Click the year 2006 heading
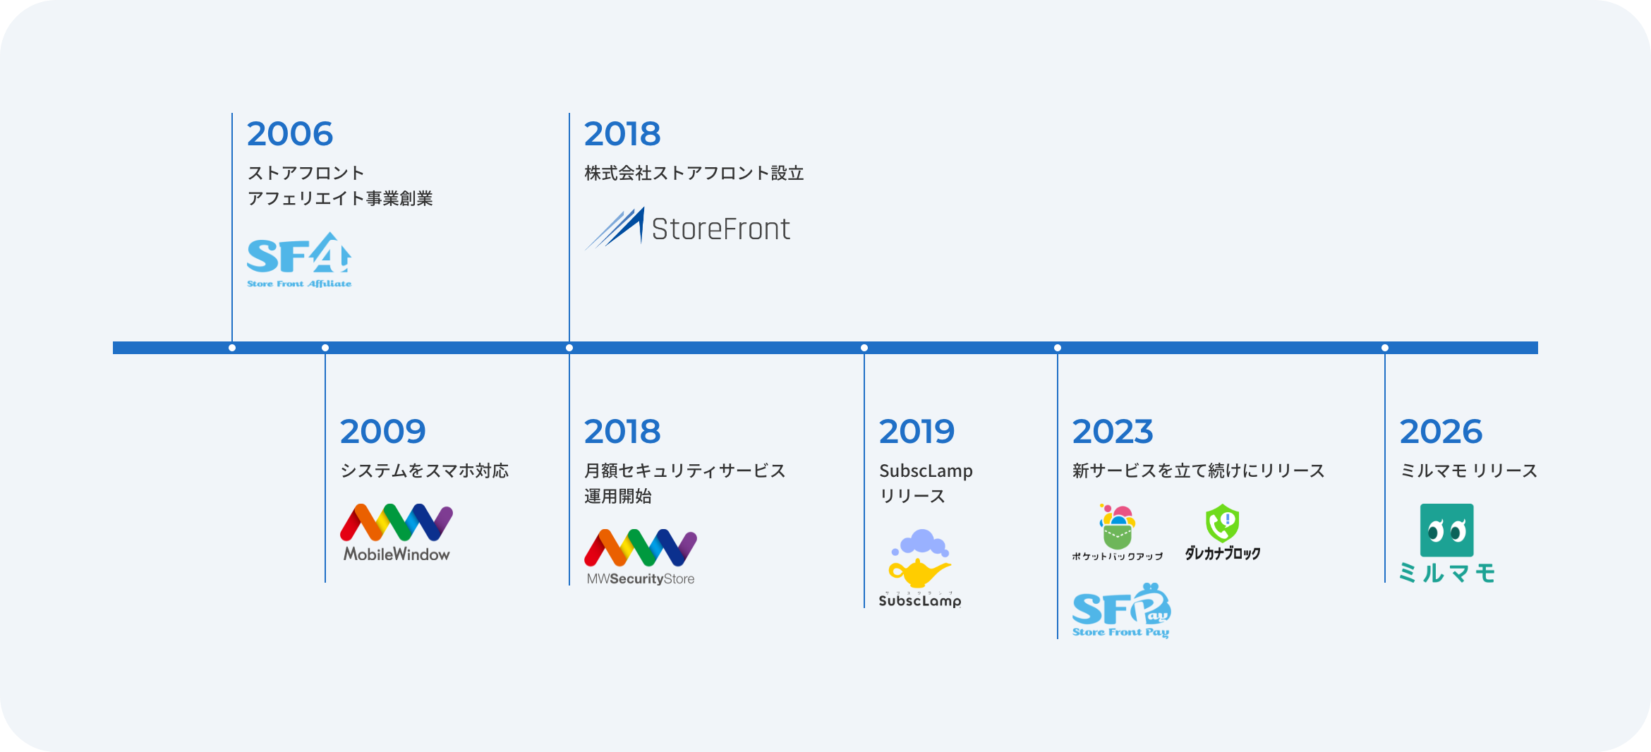point(290,134)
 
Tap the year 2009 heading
point(383,432)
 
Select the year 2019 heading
point(917,432)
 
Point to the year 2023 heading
point(1113,432)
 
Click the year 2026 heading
point(1441,432)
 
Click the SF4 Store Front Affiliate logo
point(299,260)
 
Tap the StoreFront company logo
point(687,228)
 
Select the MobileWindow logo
point(397,533)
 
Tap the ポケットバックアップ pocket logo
point(1118,533)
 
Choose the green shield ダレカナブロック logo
point(1223,533)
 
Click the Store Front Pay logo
point(1121,610)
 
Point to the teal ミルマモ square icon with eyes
point(1446,530)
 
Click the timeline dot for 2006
point(232,348)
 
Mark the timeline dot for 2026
point(1385,348)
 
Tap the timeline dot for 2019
point(864,348)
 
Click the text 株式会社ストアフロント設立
point(694,174)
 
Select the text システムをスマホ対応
point(425,471)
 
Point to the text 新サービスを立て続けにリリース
point(1198,471)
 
